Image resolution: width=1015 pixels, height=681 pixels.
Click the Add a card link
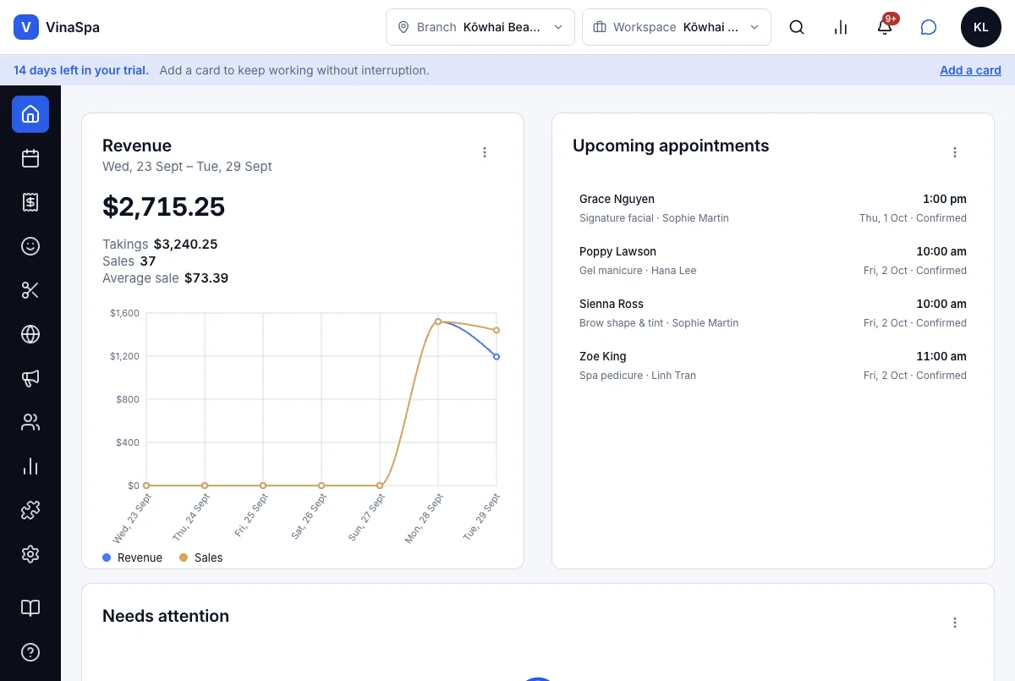pos(970,70)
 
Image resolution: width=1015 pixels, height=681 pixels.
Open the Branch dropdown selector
pos(480,27)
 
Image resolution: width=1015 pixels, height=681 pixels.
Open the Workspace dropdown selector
pos(676,27)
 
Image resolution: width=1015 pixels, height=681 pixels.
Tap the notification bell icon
pos(885,27)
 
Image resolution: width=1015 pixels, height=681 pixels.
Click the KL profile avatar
pos(980,27)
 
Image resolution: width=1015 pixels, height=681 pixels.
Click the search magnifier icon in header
pos(797,27)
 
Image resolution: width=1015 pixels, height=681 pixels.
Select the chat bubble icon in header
pos(929,27)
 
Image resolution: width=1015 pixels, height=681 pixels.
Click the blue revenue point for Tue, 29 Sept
pos(497,357)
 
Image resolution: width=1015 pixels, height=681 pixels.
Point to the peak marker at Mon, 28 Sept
pos(438,321)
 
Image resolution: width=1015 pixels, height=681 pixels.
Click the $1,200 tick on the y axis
pos(124,356)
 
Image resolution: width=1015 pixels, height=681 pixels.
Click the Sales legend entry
pos(200,557)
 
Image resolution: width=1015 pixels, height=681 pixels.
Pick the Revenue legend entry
pos(132,557)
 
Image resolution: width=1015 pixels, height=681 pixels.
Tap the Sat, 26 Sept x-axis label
pos(309,517)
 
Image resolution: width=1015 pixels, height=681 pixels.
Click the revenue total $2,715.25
pos(163,206)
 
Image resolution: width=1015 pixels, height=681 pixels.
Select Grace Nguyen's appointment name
pos(617,199)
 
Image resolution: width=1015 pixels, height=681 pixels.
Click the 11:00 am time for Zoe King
pos(941,356)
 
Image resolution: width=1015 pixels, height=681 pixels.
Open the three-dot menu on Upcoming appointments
pos(955,152)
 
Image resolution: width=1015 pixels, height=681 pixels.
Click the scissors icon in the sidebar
pos(30,290)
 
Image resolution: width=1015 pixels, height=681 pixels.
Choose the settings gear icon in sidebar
pos(30,554)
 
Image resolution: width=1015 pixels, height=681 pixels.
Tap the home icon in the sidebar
pos(30,114)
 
